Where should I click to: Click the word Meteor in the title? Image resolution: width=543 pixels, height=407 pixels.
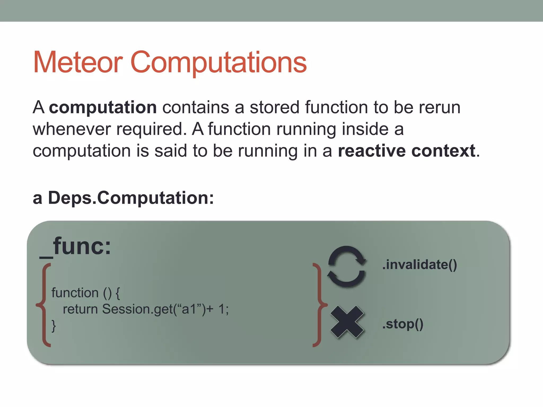coord(78,62)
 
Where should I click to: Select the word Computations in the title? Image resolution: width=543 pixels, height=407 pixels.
coord(218,63)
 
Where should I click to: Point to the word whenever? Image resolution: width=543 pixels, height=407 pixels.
coord(72,129)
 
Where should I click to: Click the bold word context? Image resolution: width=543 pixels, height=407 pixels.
coord(443,151)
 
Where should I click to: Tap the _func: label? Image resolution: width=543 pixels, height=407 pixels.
coord(75,246)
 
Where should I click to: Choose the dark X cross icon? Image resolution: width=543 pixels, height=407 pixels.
coord(347,322)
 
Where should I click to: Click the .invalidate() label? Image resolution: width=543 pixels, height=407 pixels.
coord(420,265)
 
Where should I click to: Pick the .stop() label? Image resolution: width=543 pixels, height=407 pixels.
coord(403,324)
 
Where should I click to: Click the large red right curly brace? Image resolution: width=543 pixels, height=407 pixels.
coord(319,305)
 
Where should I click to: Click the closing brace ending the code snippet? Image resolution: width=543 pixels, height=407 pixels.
coord(54,326)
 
